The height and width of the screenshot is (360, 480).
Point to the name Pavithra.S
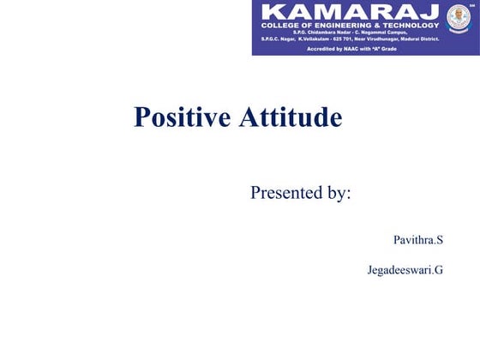click(417, 240)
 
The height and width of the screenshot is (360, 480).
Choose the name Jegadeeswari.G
click(405, 271)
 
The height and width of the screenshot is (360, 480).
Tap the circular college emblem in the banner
click(459, 16)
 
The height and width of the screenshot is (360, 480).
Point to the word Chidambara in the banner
click(320, 33)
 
